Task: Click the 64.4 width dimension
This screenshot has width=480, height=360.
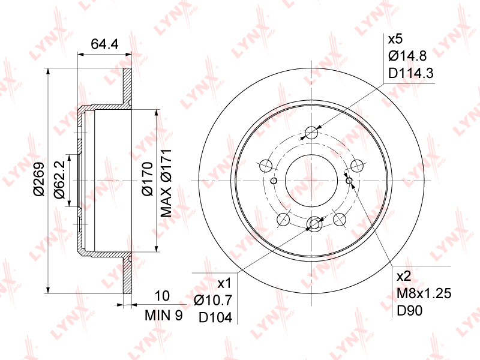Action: (104, 44)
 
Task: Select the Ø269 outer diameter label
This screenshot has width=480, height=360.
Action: (40, 179)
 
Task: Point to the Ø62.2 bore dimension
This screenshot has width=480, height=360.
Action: (59, 180)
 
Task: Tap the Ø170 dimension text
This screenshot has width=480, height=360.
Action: (147, 179)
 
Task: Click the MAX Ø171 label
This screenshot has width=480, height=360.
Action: (166, 184)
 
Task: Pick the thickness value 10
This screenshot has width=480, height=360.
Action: (162, 296)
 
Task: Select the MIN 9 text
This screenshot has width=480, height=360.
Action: (164, 315)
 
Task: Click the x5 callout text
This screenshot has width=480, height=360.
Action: (395, 39)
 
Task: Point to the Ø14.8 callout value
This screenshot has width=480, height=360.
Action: (407, 56)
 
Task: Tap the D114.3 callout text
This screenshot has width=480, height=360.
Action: (411, 73)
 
